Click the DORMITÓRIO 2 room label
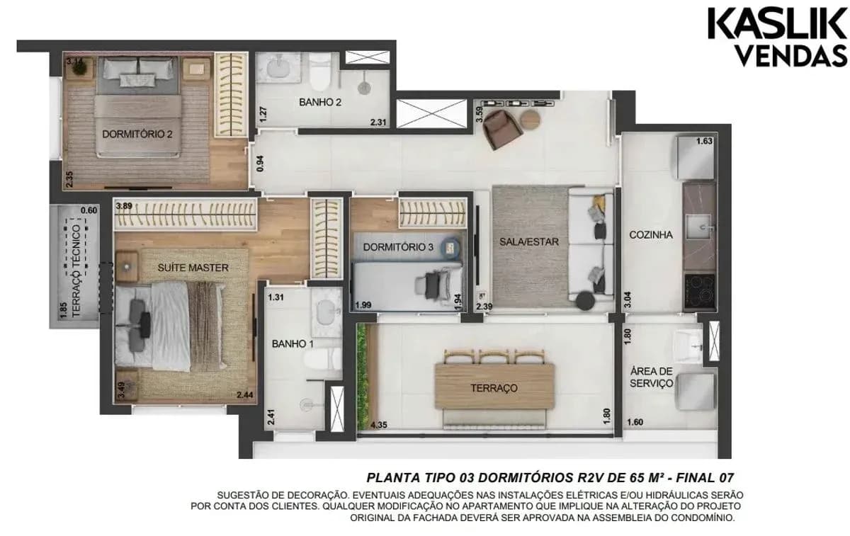(x=137, y=134)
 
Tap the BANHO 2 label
(x=320, y=102)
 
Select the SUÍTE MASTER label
(x=193, y=268)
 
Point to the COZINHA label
(x=651, y=235)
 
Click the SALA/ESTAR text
(x=529, y=241)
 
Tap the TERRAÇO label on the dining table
(x=494, y=388)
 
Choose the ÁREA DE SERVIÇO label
(x=651, y=377)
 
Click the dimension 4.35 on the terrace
(x=379, y=425)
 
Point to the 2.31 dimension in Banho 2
(x=378, y=122)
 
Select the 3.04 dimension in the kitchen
(x=628, y=300)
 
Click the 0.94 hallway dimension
(x=261, y=164)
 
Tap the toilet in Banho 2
(x=320, y=72)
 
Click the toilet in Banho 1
(x=323, y=358)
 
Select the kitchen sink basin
(x=698, y=227)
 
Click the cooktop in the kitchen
(x=699, y=290)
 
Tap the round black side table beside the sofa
(x=586, y=301)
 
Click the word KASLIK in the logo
(x=778, y=24)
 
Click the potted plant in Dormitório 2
(x=79, y=67)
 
